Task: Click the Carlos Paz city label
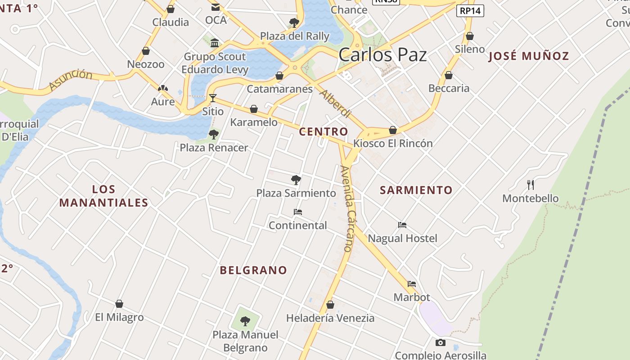382,55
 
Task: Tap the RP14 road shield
470,10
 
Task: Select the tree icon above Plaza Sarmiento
296,180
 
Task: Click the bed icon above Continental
297,212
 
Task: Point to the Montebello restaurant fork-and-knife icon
531,184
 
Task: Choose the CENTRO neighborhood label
324,131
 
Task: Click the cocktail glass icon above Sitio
213,98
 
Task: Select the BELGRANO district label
253,270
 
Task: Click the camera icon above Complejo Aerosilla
441,342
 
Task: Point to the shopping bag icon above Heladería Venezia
330,305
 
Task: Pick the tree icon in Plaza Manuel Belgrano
245,321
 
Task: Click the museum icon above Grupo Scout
215,43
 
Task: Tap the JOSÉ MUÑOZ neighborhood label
529,56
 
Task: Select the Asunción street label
71,80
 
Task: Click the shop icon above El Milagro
119,304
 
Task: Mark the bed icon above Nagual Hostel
402,225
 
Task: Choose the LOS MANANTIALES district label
103,196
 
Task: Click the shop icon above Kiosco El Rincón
393,130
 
